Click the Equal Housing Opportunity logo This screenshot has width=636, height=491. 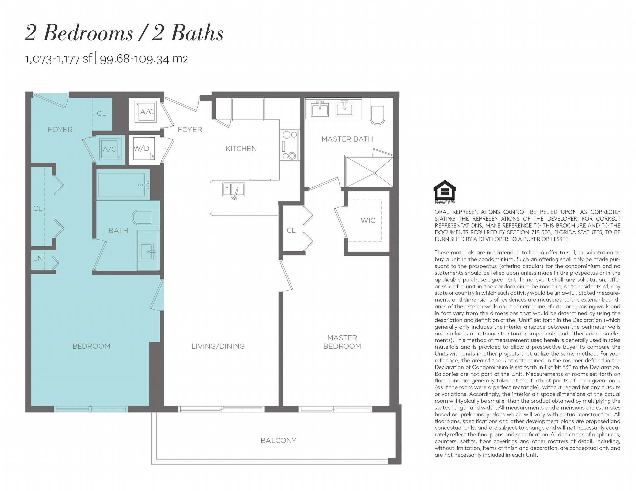pos(445,192)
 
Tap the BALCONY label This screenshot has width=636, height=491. pos(278,440)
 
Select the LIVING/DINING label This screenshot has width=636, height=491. pos(218,346)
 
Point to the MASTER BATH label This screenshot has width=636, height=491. pos(347,139)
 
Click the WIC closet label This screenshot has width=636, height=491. pos(368,220)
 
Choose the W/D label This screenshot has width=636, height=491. pos(141,148)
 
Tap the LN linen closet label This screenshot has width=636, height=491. pos(38,258)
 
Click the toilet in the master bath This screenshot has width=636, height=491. pos(377,111)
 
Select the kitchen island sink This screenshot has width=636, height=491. pos(234,190)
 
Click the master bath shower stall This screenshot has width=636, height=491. pos(369,172)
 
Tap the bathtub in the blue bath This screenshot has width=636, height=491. pos(123,185)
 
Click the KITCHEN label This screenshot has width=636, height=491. pos(241,149)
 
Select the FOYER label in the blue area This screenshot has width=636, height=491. pos(60,130)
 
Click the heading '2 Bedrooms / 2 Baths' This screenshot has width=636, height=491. pos(124,33)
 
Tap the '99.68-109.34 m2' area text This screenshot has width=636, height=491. pos(144,59)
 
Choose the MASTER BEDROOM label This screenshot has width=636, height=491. pos(342,342)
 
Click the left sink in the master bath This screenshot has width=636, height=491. pos(320,109)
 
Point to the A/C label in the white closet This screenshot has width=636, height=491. pos(147,112)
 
